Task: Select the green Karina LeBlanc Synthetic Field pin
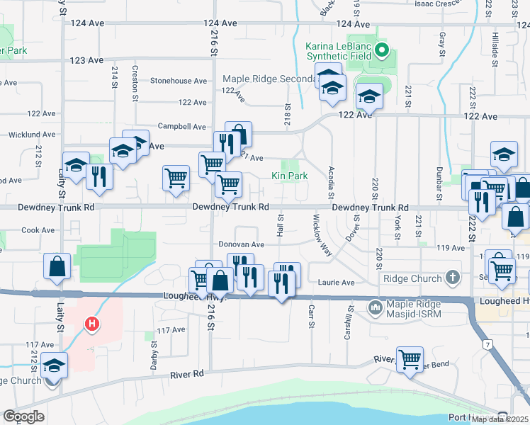point(382,50)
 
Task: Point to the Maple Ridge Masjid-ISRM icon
point(374,307)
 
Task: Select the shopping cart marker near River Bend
point(410,360)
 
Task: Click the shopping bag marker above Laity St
point(57,267)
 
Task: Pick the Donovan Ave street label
point(241,244)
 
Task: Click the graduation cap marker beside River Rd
point(54,365)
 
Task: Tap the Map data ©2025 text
point(500,419)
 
